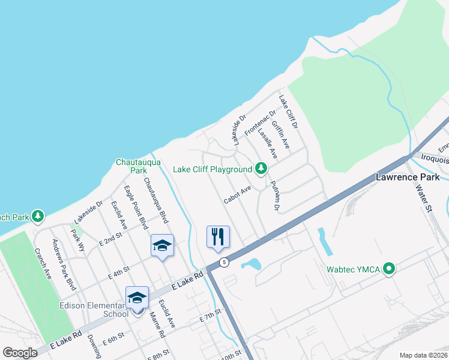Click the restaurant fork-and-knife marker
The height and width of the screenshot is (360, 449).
tap(218, 236)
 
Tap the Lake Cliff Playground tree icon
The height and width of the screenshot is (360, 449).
tap(261, 169)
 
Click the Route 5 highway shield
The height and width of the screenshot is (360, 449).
tap(223, 262)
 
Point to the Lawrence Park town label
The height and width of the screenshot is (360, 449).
tap(408, 177)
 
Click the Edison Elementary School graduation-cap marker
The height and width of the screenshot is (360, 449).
tap(137, 298)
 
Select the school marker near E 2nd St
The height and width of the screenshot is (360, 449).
tap(162, 245)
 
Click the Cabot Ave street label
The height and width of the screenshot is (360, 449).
tap(237, 194)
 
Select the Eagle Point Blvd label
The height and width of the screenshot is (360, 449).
tap(136, 207)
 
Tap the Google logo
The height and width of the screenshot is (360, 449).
tap(20, 353)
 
